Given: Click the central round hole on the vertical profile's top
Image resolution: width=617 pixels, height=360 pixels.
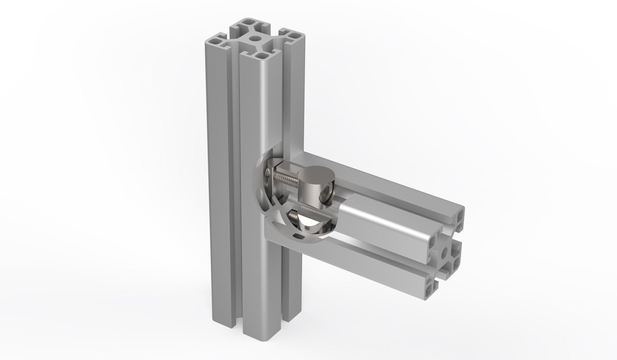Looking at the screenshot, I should pyautogui.click(x=256, y=40).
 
